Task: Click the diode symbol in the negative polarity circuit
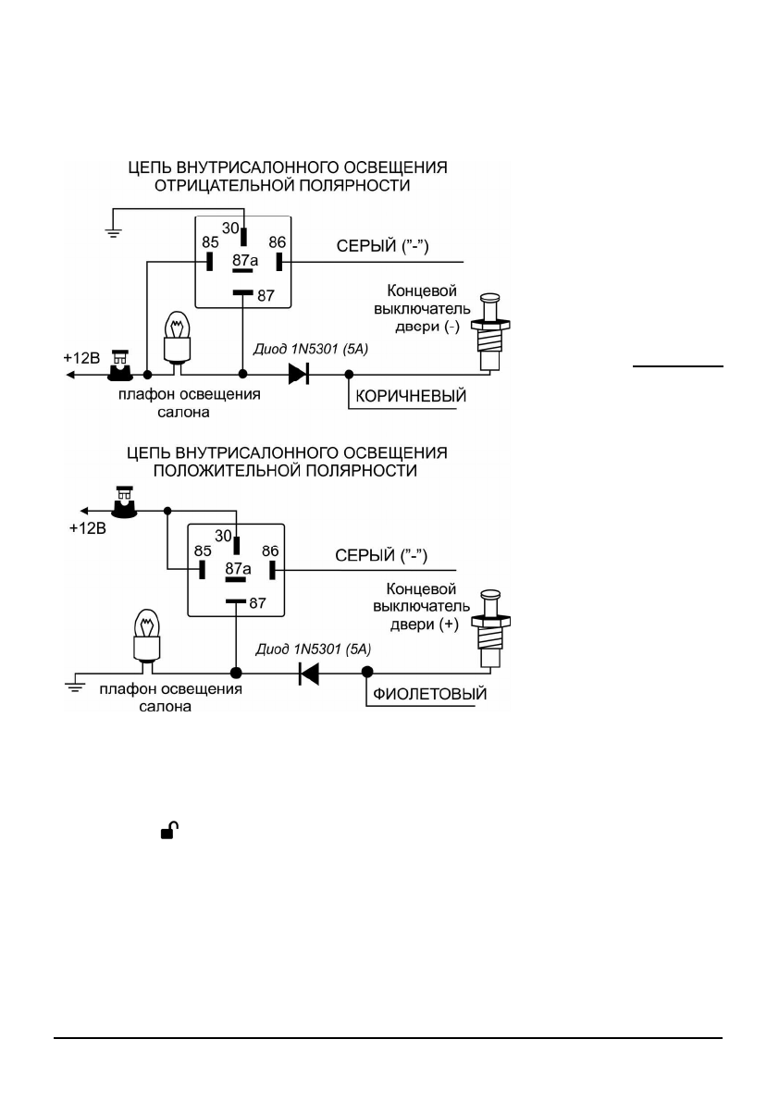(x=299, y=375)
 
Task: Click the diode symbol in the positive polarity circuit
(x=309, y=673)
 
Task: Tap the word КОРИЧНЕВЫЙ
(x=411, y=396)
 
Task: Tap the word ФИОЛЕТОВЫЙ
(x=430, y=695)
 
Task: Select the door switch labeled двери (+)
(x=491, y=628)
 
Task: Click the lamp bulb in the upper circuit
(x=177, y=339)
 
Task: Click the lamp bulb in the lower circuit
(x=147, y=636)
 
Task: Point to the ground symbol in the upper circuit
(x=112, y=231)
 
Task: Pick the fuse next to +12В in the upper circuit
(x=120, y=365)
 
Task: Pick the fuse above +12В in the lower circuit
(x=126, y=501)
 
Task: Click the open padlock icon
(x=169, y=831)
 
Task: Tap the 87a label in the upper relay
(x=245, y=261)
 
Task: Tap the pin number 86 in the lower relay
(x=270, y=551)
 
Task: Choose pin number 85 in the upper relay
(x=210, y=242)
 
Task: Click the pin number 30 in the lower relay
(x=223, y=536)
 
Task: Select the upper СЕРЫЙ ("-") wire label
(x=383, y=246)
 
